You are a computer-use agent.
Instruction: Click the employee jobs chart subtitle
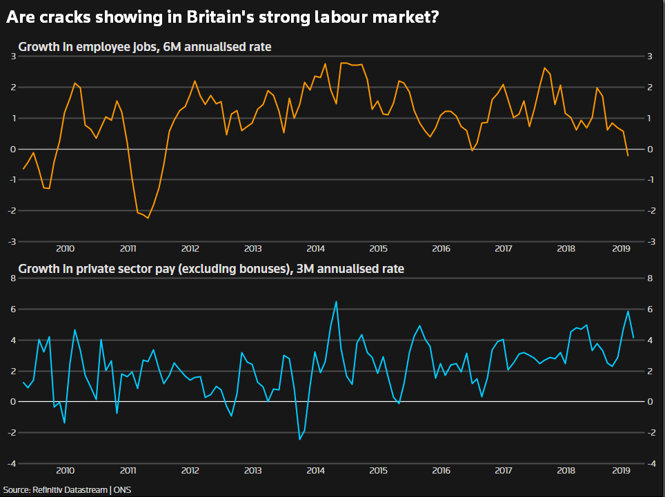[144, 48]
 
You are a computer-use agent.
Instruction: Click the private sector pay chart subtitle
[211, 268]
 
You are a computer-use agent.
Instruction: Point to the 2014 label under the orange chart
[316, 248]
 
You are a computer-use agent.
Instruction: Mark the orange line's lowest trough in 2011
[148, 218]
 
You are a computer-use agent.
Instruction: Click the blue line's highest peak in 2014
[336, 302]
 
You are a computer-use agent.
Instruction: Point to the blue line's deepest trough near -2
[300, 439]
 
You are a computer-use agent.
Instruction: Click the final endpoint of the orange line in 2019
[628, 156]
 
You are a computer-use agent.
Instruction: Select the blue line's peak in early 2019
[628, 311]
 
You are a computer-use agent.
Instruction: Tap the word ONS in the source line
[122, 490]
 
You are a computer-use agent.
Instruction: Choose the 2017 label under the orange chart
[503, 248]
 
